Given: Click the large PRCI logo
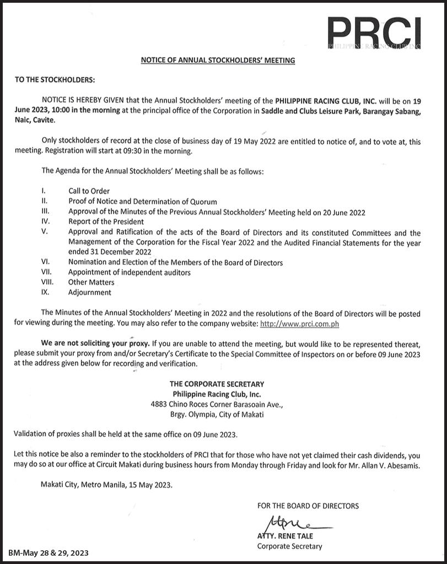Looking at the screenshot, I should click(x=373, y=32).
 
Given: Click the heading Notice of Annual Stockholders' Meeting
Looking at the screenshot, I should click(x=218, y=60).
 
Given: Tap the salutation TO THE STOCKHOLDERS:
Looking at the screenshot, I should click(x=55, y=80).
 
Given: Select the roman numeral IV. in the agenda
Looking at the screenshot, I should click(x=46, y=222).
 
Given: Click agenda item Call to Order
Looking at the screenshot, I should click(x=89, y=191).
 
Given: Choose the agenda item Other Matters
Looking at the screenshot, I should click(x=91, y=283).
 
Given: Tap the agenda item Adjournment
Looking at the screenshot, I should click(x=90, y=292).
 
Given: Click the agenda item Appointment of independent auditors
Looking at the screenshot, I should click(x=130, y=273).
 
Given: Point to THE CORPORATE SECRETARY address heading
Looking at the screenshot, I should click(x=217, y=384).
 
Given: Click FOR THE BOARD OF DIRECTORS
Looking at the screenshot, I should click(x=308, y=506).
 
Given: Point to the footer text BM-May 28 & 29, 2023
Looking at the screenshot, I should click(x=49, y=552).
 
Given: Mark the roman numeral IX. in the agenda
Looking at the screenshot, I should click(x=46, y=292).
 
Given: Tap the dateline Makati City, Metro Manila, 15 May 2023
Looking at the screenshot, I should click(x=107, y=485).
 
